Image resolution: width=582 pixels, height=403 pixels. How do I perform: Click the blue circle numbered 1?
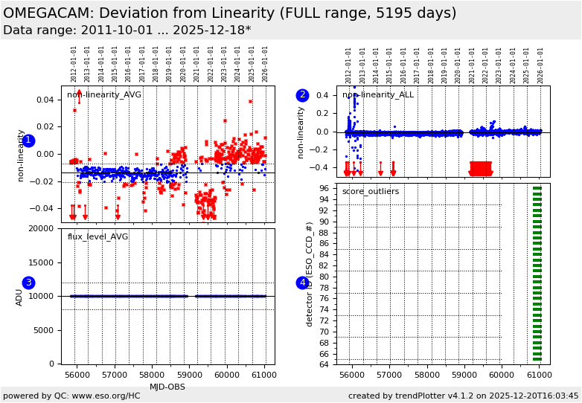[x=28, y=141]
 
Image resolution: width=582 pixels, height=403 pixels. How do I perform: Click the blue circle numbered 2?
[x=302, y=95]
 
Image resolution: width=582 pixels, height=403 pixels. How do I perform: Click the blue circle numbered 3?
[x=28, y=283]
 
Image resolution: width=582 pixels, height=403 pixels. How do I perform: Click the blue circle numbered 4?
[x=302, y=283]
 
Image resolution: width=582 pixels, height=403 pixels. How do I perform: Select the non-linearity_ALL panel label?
[x=377, y=95]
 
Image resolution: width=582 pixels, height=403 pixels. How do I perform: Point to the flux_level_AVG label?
[x=97, y=237]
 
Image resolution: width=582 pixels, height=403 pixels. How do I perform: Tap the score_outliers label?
[x=370, y=192]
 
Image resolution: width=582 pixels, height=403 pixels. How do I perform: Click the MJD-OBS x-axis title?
[x=167, y=387]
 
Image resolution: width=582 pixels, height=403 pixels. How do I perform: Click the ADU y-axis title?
[x=19, y=297]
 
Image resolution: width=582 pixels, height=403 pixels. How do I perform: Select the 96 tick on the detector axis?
[x=324, y=189]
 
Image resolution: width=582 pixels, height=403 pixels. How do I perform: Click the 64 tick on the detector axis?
[x=324, y=364]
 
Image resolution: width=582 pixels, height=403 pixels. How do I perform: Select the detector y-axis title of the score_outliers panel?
[x=310, y=274]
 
